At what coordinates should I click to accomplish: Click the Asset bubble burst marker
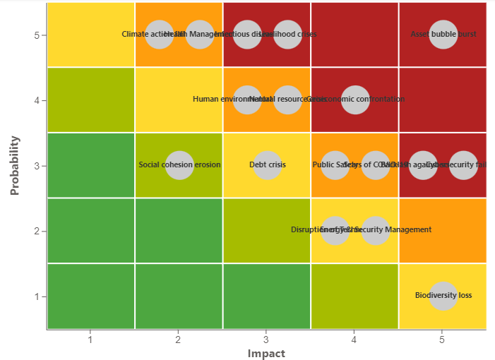coord(443,35)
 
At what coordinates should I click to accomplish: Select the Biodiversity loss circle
coord(443,296)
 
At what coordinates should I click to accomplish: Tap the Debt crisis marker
coord(267,165)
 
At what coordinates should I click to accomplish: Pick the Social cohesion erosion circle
coord(179,165)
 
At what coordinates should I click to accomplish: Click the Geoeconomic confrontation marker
coord(355,100)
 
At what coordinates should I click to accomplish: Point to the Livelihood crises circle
coord(287,35)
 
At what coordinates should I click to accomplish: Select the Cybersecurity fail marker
coord(463,165)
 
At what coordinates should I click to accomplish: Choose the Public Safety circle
coord(335,165)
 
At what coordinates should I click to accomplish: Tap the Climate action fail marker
coord(159,35)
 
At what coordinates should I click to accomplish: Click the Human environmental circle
coord(247,100)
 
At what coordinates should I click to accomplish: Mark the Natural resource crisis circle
coord(287,100)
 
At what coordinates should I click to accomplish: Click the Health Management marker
coord(200,35)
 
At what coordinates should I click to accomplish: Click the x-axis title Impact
coord(266,353)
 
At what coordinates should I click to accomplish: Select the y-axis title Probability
coord(14,165)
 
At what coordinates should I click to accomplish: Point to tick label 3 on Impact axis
coord(266,340)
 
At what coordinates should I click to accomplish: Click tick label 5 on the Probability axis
coord(35,35)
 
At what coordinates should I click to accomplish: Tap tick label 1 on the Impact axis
coord(90,340)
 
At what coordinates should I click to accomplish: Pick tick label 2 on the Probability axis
coord(35,231)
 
